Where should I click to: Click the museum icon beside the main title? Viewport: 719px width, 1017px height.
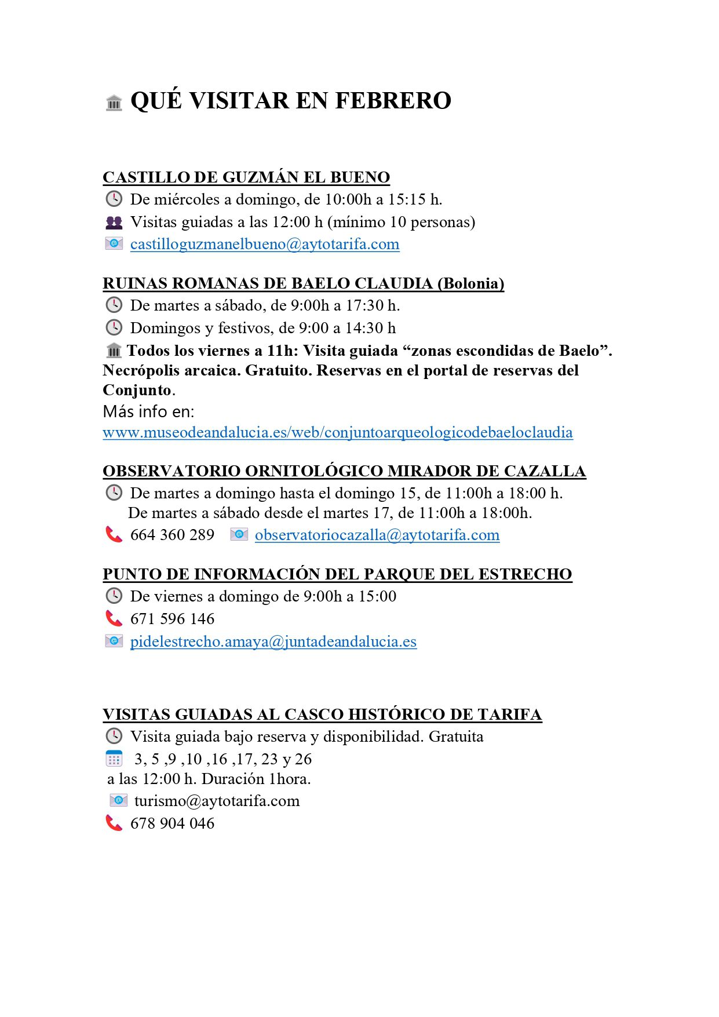click(x=114, y=103)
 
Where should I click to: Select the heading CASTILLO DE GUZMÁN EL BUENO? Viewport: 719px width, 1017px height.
click(x=246, y=177)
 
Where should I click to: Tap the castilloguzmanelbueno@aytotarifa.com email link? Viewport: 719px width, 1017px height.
click(x=265, y=244)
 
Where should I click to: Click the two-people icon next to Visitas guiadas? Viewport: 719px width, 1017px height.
click(x=114, y=222)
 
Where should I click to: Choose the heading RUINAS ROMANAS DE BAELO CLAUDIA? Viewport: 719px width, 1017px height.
click(x=303, y=283)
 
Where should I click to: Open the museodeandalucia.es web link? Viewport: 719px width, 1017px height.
click(x=338, y=432)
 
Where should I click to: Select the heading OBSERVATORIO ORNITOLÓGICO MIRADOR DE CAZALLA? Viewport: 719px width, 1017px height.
click(x=344, y=471)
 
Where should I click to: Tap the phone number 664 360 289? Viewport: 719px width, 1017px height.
click(x=172, y=535)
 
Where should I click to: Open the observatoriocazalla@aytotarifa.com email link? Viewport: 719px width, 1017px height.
click(x=377, y=535)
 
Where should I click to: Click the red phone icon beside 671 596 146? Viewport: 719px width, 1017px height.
click(x=114, y=619)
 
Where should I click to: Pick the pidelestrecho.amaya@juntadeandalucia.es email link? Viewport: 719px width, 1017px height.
click(x=273, y=641)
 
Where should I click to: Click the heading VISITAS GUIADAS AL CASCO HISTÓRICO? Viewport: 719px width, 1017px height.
click(x=322, y=715)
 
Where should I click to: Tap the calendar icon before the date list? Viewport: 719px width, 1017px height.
click(x=114, y=759)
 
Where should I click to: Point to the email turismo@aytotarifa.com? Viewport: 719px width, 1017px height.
click(x=217, y=801)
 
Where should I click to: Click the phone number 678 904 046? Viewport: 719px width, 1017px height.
click(x=172, y=823)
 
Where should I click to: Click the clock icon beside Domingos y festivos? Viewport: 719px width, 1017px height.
click(x=114, y=328)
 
